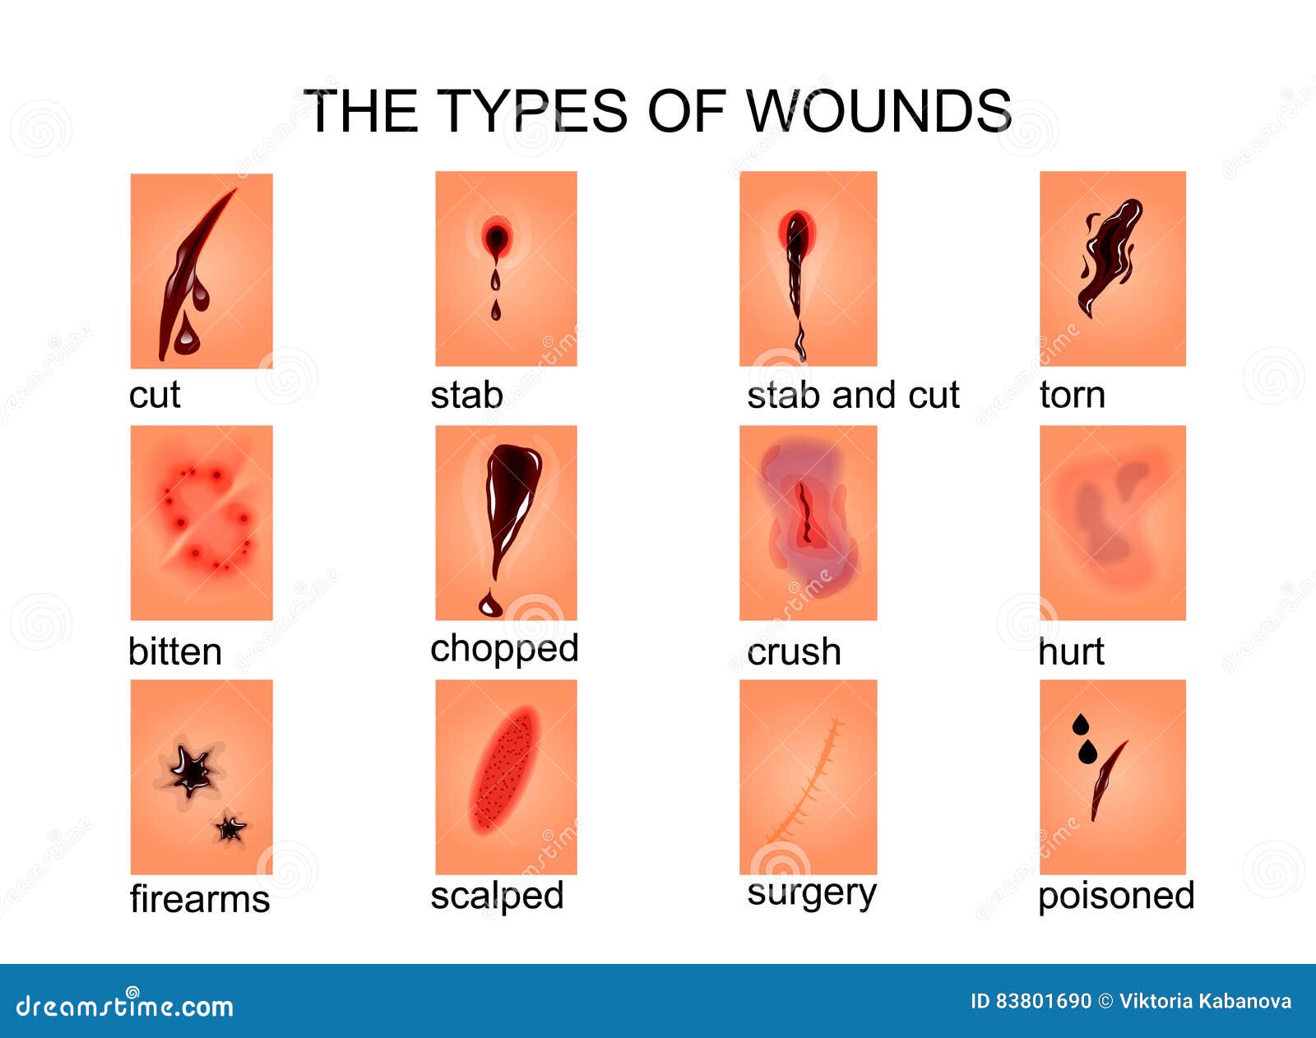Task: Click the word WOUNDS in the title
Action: pos(878,111)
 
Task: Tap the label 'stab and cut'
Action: pos(853,395)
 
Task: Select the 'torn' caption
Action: pos(1072,395)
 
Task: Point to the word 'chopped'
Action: pos(504,649)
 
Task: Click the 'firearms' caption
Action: pos(199,898)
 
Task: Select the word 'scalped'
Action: pos(497,896)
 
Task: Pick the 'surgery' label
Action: pos(812,894)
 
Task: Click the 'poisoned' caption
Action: pos(1116,896)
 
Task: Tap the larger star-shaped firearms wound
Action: pos(192,770)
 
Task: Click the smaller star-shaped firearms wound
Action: pos(230,829)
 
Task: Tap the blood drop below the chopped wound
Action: pos(490,605)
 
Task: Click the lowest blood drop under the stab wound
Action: pos(496,311)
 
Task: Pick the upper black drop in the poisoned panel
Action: pos(1081,724)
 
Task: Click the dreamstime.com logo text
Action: pos(124,1006)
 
